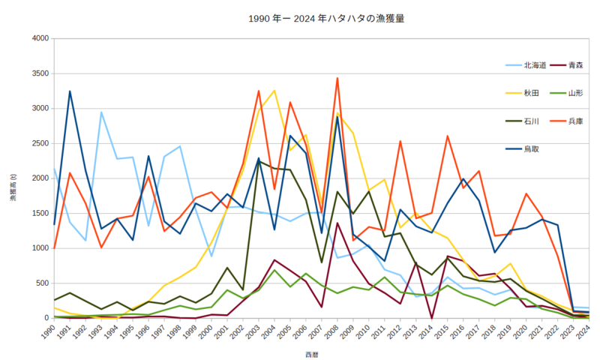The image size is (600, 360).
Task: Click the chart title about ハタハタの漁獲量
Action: (x=299, y=17)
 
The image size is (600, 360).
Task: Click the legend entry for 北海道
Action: (x=533, y=65)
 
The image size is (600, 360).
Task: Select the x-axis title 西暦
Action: (x=312, y=352)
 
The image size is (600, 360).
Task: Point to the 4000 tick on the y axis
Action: (x=39, y=38)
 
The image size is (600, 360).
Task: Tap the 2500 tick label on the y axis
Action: (x=39, y=143)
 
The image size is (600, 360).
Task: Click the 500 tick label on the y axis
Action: (x=41, y=283)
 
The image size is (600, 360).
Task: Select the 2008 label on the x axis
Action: (x=337, y=331)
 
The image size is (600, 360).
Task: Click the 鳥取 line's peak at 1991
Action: (x=70, y=91)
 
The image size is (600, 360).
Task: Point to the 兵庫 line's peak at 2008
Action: (x=337, y=78)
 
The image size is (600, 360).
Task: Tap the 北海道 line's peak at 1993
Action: (x=101, y=112)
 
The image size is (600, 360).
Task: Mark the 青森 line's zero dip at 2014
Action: (x=431, y=318)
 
